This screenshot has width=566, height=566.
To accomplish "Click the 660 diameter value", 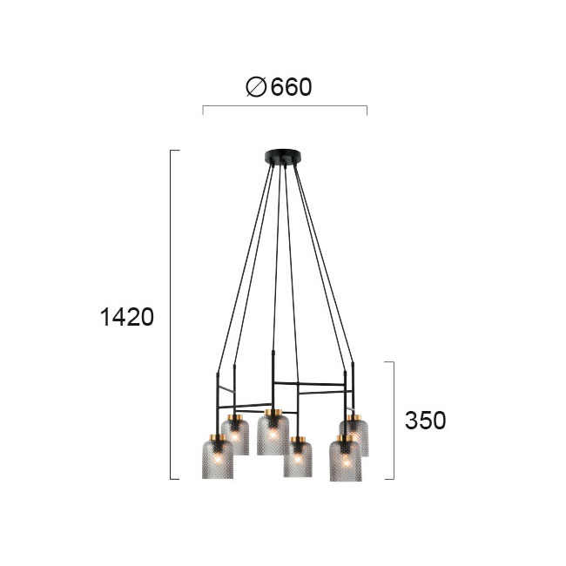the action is point(291,87).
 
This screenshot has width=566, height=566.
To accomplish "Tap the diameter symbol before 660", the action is point(256,87).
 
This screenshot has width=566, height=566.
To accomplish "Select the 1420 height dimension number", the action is point(127,317).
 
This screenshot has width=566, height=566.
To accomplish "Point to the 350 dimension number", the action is point(425,421).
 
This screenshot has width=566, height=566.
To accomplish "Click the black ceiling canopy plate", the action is point(283,156).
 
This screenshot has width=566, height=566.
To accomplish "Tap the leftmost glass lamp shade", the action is point(218,457).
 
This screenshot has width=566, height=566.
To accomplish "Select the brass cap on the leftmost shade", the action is point(218,437).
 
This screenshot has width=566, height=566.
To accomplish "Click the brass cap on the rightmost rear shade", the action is point(354,418).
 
